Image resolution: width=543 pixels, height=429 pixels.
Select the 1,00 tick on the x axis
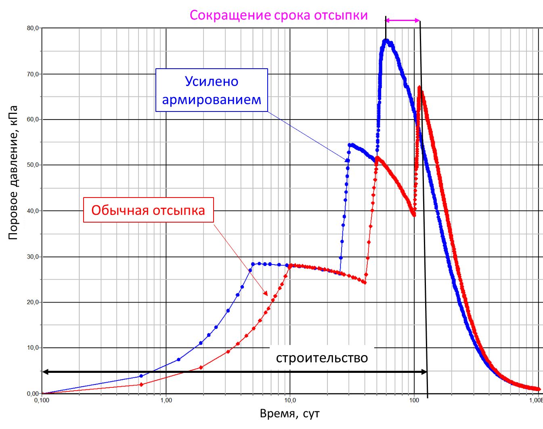coord(166,400)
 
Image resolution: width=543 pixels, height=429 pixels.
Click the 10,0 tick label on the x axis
coord(290,400)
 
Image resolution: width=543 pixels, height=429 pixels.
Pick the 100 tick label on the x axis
coord(414,400)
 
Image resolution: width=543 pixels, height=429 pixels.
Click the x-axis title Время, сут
coord(289,414)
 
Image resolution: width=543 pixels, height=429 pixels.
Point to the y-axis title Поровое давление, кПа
coord(13,172)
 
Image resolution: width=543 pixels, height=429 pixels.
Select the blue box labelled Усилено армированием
coord(212,90)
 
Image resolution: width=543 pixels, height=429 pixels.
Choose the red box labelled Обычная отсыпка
coord(148,210)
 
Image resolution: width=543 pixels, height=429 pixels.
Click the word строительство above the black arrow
coord(322,358)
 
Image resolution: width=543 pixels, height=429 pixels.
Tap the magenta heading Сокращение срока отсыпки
coord(279,15)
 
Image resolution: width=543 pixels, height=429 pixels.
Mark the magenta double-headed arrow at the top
coord(403,20)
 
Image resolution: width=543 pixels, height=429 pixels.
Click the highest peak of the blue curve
coord(386,40)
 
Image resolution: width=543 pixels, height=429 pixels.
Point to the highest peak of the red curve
coord(419,87)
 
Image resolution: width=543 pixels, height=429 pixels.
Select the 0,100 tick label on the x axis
coord(42,400)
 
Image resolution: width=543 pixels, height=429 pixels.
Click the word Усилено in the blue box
coord(212,82)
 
